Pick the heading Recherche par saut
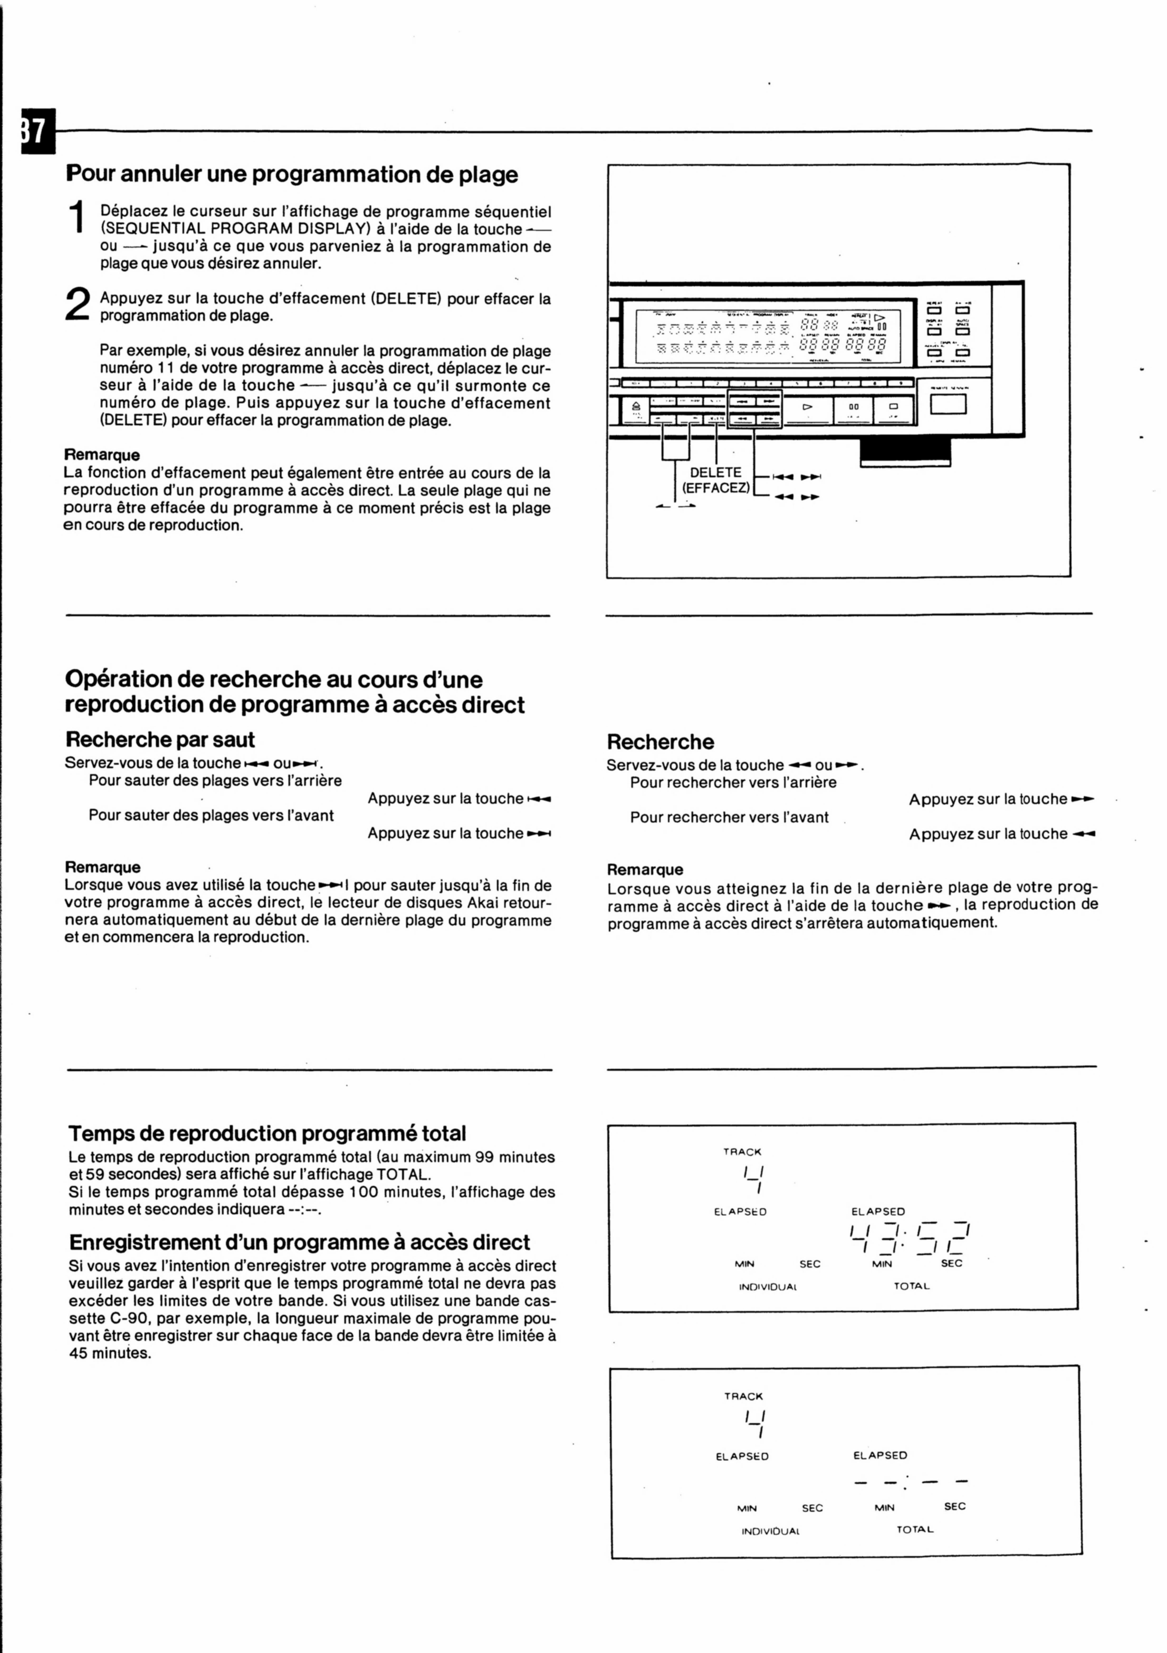(x=160, y=739)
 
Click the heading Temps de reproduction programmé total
(x=267, y=1133)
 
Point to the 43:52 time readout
(x=911, y=1238)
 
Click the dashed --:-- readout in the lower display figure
(x=911, y=1481)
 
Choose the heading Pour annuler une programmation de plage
(x=292, y=174)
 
